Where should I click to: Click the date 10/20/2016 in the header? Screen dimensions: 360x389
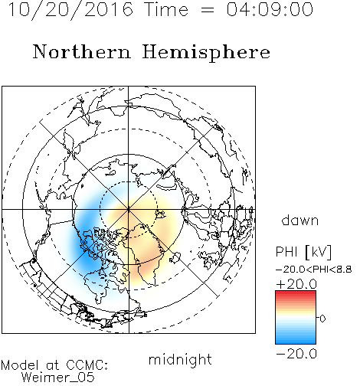(x=70, y=10)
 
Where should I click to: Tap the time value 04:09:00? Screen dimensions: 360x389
(x=270, y=9)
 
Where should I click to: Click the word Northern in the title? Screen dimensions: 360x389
(x=82, y=51)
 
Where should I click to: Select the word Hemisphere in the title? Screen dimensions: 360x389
(x=206, y=53)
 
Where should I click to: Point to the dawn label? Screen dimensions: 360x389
(x=300, y=220)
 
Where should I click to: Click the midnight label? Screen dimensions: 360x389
(x=180, y=360)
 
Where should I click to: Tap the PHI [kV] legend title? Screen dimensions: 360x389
(x=303, y=252)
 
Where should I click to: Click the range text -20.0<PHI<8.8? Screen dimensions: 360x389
(x=314, y=270)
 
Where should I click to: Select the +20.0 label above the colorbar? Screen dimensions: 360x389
(x=296, y=284)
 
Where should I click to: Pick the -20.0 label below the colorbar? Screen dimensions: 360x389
(x=296, y=354)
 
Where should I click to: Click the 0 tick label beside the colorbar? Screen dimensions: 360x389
(x=322, y=319)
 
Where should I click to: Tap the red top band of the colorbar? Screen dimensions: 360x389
(x=296, y=293)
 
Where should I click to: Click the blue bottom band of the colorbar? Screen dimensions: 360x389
(x=296, y=341)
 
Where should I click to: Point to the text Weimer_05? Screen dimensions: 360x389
(x=57, y=378)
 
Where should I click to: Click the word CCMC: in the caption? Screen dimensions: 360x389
(x=87, y=365)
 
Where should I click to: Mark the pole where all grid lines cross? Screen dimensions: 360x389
(x=129, y=209)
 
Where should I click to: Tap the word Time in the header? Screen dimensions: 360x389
(x=166, y=9)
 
